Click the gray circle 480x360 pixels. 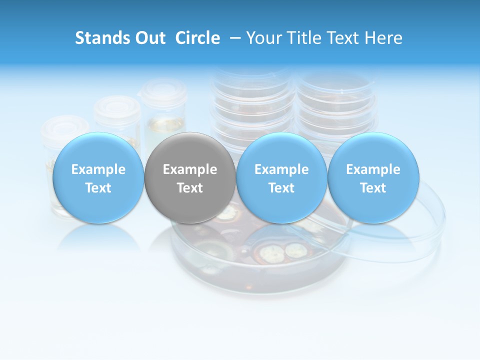point(190,178)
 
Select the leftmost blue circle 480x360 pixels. point(98,178)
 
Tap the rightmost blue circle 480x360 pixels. point(373,178)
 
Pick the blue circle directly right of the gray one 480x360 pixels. point(281,178)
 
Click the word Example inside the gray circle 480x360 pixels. point(190,169)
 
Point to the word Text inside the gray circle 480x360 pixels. point(190,188)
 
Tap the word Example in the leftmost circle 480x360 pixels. point(98,169)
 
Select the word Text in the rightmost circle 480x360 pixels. point(373,188)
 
